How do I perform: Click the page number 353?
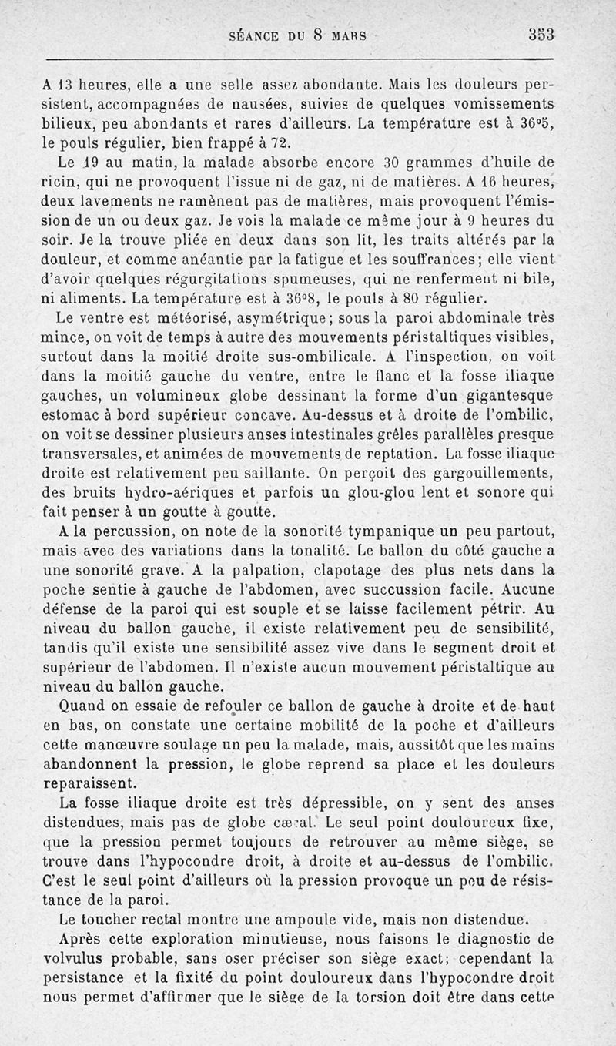tap(542, 35)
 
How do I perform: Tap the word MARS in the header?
tap(347, 35)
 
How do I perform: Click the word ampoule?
tap(290, 919)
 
